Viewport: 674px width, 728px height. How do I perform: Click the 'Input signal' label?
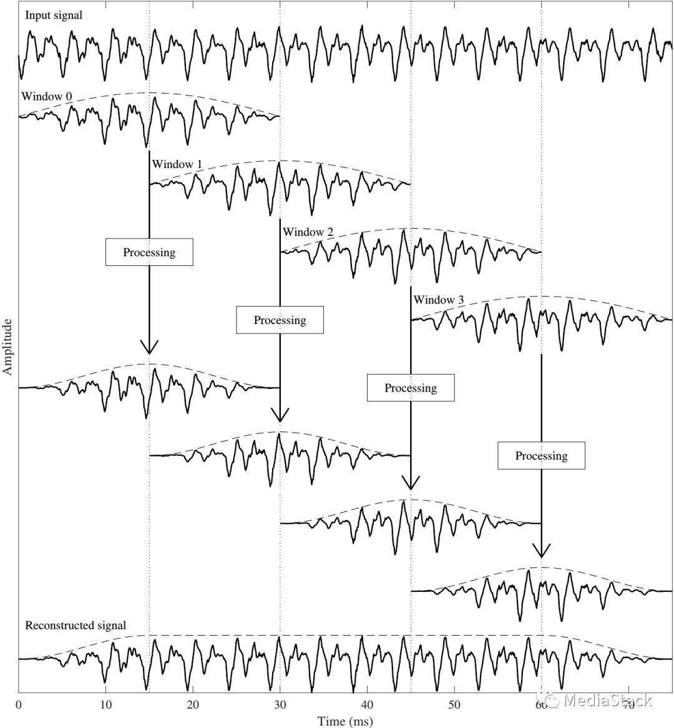coord(54,16)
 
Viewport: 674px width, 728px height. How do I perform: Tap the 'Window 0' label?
coord(46,97)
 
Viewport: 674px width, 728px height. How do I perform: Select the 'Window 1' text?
coord(177,164)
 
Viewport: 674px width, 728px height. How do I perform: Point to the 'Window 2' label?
coord(308,232)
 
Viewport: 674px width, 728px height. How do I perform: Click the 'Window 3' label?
coord(439,300)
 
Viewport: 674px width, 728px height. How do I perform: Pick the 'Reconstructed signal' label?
coord(75,626)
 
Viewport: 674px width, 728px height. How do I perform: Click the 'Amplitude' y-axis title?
coord(7,347)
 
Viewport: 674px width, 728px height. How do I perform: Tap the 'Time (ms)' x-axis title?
coord(345,721)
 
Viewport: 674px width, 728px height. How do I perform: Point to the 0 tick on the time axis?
coord(19,705)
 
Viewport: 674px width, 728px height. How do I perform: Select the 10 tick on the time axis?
coord(106,705)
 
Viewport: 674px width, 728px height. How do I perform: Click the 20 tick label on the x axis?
coord(193,705)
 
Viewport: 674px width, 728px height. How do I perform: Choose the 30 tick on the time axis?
coord(280,705)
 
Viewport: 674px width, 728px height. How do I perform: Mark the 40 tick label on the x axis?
coord(367,705)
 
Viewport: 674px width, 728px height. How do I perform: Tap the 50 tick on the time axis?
coord(454,705)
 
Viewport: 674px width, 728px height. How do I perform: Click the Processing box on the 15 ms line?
coord(149,252)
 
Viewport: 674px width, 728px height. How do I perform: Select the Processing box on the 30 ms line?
coord(280,320)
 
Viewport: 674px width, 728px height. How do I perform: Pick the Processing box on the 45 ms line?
coord(411,388)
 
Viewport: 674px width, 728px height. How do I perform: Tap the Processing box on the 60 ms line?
coord(541,455)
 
